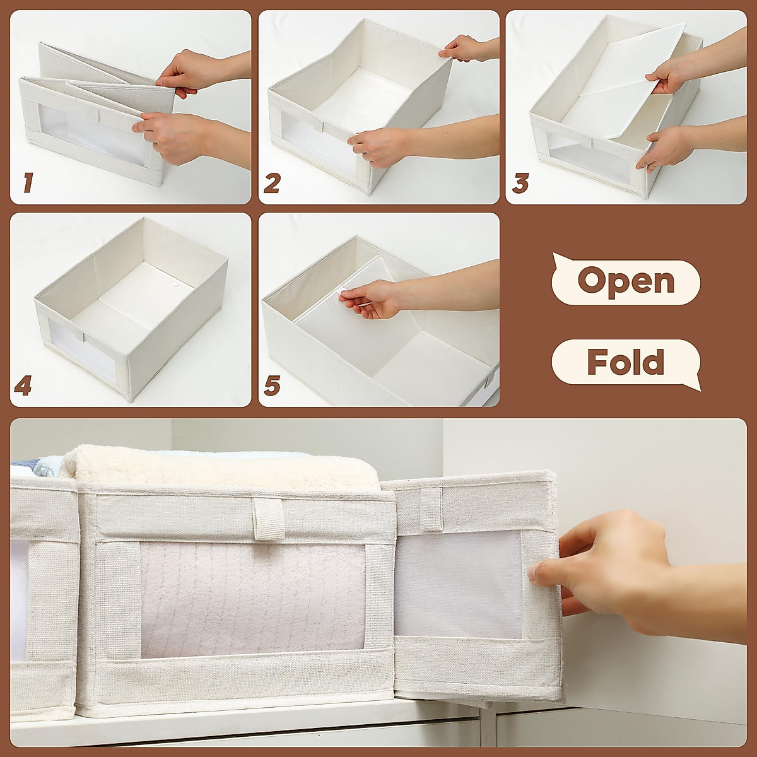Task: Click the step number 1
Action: pyautogui.click(x=27, y=184)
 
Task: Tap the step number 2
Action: pyautogui.click(x=272, y=184)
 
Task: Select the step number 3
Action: pyautogui.click(x=520, y=184)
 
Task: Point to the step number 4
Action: pyautogui.click(x=23, y=385)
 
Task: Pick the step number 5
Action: pyautogui.click(x=271, y=385)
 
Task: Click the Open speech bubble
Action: pyautogui.click(x=625, y=279)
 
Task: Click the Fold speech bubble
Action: pyautogui.click(x=625, y=363)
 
